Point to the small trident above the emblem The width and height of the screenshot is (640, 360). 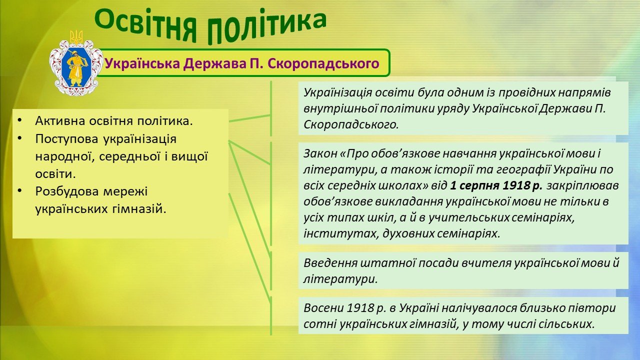tap(76, 37)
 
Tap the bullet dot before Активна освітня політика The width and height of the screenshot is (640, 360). tap(19, 120)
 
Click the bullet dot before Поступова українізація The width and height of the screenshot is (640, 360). tap(19, 138)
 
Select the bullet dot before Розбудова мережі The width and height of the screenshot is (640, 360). tap(19, 190)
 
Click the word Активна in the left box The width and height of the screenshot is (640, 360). tap(60, 121)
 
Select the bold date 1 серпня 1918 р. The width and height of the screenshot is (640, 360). tap(496, 185)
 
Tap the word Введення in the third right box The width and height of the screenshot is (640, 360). tap(330, 263)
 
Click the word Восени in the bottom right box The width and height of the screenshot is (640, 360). tap(323, 308)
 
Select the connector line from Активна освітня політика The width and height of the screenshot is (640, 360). tap(249, 118)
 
